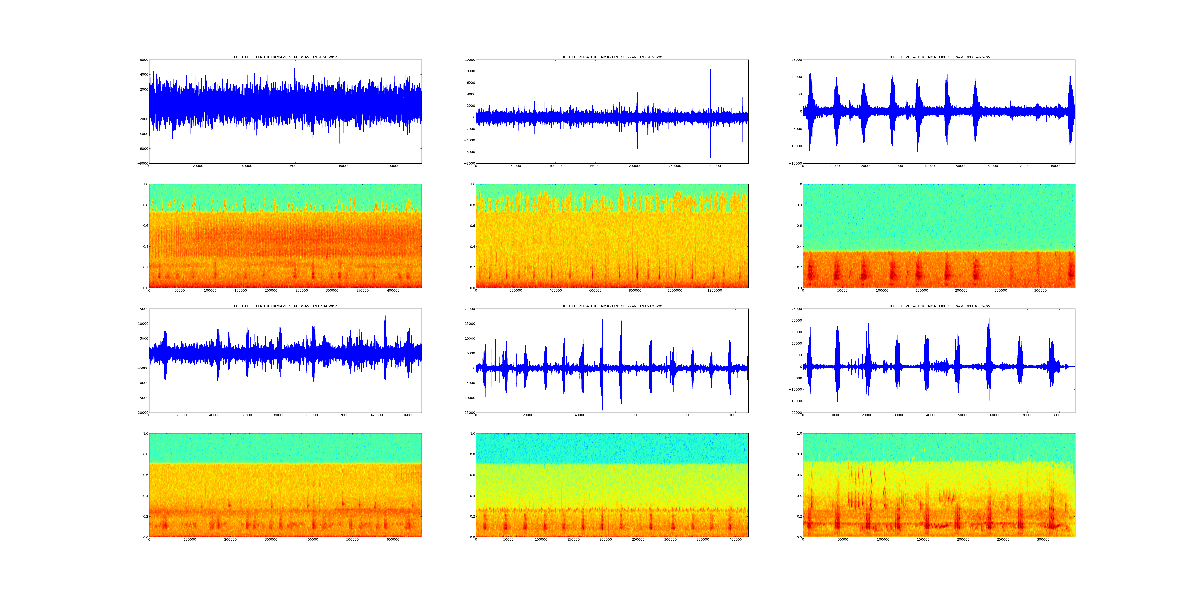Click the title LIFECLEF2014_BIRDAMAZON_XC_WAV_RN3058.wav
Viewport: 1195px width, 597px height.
(285, 57)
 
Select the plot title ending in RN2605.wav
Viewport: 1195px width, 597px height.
(612, 57)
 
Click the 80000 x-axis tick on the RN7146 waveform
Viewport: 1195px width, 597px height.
(1056, 166)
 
